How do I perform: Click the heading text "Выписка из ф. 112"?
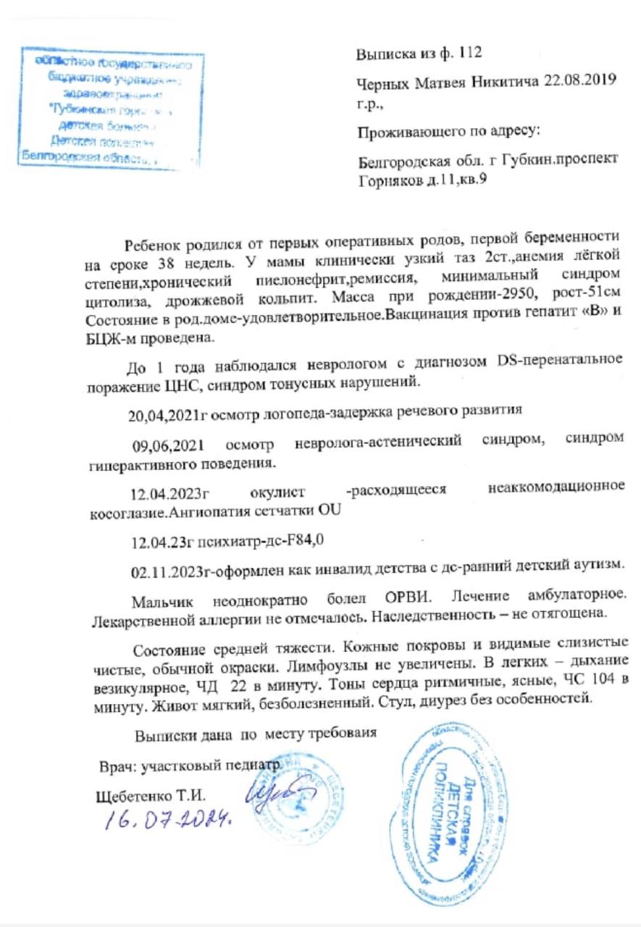(x=419, y=54)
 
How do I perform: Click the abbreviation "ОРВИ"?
(x=397, y=603)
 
